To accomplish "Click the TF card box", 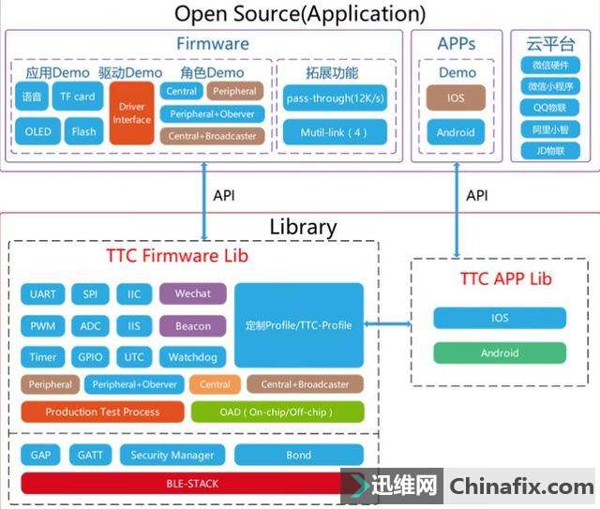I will click(78, 97).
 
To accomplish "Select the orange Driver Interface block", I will click(131, 112).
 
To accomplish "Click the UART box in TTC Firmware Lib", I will click(42, 294).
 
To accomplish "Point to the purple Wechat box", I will click(192, 293).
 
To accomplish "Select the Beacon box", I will click(192, 326).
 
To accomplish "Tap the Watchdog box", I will click(192, 357).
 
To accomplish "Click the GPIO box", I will click(90, 357).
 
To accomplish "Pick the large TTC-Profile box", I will click(298, 324).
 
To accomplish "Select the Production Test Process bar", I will click(102, 412).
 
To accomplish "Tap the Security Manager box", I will click(172, 456).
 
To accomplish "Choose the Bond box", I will click(298, 456).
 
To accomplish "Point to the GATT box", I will click(90, 456).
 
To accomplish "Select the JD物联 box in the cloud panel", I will click(551, 151).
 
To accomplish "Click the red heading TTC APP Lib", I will click(505, 278).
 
